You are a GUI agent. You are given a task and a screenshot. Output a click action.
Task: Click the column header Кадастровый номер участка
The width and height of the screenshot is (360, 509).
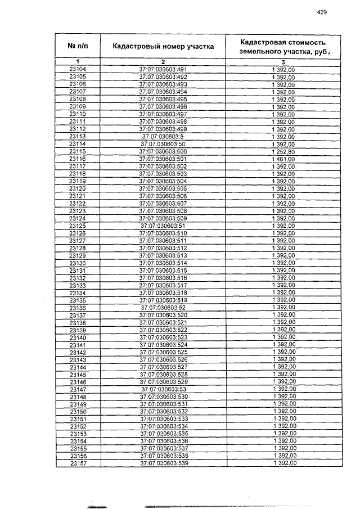click(163, 46)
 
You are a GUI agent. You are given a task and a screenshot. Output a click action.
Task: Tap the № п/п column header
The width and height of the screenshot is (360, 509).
click(77, 46)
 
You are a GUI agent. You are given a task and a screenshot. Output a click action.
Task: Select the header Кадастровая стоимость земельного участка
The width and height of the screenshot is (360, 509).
click(283, 46)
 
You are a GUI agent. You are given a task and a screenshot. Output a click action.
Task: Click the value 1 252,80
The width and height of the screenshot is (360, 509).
click(283, 152)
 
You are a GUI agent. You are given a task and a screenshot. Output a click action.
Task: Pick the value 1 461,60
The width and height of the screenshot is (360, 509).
click(283, 159)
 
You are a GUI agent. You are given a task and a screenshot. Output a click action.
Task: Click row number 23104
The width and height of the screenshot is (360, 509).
click(77, 69)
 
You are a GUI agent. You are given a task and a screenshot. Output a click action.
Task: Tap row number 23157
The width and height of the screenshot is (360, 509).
click(77, 463)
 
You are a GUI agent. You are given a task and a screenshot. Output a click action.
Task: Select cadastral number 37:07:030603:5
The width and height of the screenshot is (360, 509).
click(163, 137)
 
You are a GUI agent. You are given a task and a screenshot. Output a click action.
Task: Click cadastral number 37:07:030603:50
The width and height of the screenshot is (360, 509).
click(163, 144)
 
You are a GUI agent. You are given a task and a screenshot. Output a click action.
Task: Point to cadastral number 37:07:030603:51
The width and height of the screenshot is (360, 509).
click(163, 226)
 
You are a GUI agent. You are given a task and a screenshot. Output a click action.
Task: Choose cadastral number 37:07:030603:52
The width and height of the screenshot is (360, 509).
click(163, 308)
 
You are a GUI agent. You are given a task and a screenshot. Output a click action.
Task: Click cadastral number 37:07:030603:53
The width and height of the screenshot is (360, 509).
click(163, 389)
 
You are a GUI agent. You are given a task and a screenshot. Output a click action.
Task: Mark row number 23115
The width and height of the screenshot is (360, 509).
click(77, 152)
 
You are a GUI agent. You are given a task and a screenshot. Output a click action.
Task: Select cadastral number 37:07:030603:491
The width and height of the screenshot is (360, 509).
click(163, 69)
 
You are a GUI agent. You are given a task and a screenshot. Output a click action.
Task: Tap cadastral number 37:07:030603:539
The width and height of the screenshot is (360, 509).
click(163, 463)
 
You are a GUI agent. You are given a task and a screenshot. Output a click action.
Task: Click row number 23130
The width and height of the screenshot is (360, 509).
click(77, 263)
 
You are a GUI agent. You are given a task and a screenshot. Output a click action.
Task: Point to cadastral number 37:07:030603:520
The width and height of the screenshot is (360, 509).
click(163, 315)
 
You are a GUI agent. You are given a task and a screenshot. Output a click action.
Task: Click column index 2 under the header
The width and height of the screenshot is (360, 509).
click(163, 61)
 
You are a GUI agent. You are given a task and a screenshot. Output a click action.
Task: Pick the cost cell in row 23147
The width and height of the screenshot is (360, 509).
click(283, 389)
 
